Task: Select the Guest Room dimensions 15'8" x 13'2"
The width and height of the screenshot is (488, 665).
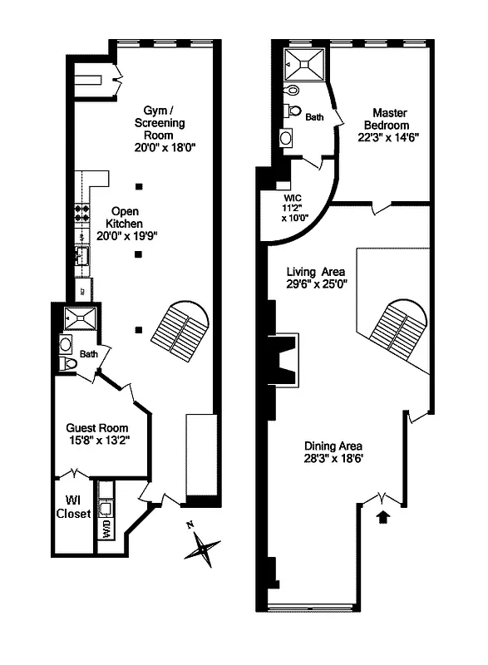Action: [97, 441]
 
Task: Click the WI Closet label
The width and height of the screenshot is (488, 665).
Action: [73, 507]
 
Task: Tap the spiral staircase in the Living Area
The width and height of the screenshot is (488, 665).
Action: [398, 327]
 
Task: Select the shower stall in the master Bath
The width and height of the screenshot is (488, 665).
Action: [298, 62]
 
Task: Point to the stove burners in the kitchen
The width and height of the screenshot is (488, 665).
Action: [83, 213]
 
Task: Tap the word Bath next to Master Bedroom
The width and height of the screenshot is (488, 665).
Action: [314, 117]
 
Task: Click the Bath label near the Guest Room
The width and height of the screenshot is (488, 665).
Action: [89, 353]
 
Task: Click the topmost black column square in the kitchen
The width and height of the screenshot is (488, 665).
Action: [140, 185]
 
